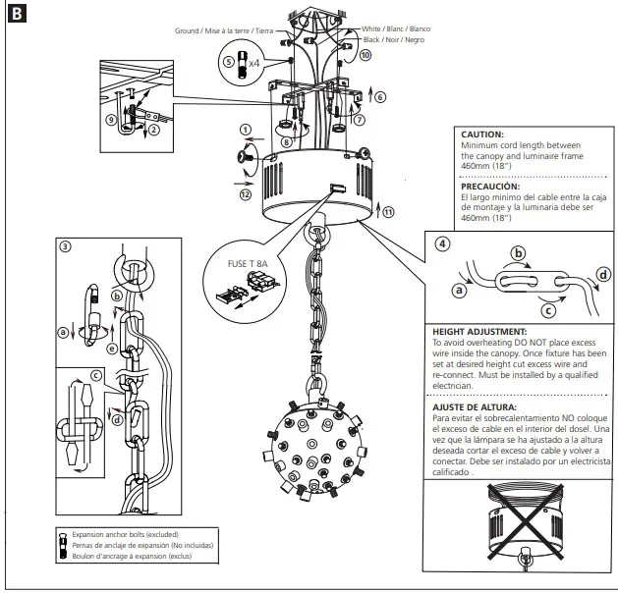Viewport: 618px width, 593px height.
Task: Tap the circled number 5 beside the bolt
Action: click(228, 62)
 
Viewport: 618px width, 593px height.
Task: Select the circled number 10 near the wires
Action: click(365, 56)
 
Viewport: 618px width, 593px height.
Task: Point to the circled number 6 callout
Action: click(380, 96)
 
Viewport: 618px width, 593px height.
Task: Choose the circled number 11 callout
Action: click(389, 211)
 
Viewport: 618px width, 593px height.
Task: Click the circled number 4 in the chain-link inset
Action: click(444, 243)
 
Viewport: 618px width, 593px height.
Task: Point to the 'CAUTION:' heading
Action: click(482, 134)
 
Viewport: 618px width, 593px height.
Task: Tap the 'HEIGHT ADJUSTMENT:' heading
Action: click(479, 333)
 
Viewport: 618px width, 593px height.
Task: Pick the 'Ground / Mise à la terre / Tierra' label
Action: click(224, 30)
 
